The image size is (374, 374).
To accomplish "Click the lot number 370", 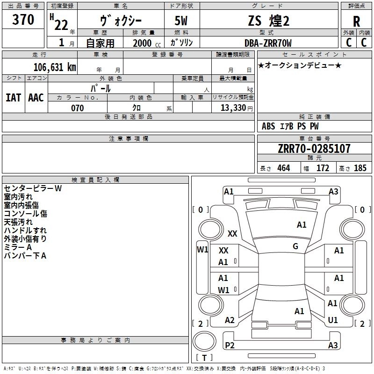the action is [x=23, y=20].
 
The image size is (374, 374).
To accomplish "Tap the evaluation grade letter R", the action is [x=357, y=22].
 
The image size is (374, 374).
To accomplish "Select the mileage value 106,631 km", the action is [x=55, y=67].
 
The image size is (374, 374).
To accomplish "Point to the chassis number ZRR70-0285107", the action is [x=314, y=149].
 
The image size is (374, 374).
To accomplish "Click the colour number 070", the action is [x=77, y=108].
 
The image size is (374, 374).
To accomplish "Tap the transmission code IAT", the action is [x=13, y=98].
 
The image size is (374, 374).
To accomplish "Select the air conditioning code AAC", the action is [x=36, y=98].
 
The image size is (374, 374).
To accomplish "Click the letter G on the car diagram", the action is [x=295, y=246].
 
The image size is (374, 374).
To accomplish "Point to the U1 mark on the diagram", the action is [x=333, y=320].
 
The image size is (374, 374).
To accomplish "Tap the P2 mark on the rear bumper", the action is [x=230, y=345].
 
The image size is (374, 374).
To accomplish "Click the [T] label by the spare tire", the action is [x=204, y=358].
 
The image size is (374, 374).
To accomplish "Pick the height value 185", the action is [x=360, y=168].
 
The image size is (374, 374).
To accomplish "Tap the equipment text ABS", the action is [x=268, y=126].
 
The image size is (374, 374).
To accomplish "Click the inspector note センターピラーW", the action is [x=33, y=188].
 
